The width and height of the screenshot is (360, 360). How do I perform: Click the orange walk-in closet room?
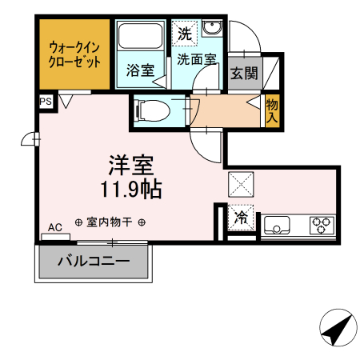[74, 54]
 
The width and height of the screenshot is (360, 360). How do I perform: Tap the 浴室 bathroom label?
[141, 70]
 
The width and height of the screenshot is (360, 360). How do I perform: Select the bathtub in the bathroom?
[141, 38]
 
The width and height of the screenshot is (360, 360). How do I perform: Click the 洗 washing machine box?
[185, 34]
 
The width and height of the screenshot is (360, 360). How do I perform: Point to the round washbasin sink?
[212, 30]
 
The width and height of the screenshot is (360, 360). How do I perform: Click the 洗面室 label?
[197, 58]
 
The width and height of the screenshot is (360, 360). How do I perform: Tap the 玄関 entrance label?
[244, 74]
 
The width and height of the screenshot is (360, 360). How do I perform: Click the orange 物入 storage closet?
[273, 110]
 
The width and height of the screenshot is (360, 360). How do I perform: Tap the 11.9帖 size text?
[131, 190]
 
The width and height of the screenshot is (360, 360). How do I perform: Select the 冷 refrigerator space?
[240, 216]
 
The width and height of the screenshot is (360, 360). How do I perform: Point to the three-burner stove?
[322, 225]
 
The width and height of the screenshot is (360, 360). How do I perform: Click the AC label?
[54, 228]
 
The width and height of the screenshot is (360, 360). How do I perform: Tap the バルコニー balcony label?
[94, 262]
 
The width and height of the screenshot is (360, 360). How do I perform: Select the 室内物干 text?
[110, 222]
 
